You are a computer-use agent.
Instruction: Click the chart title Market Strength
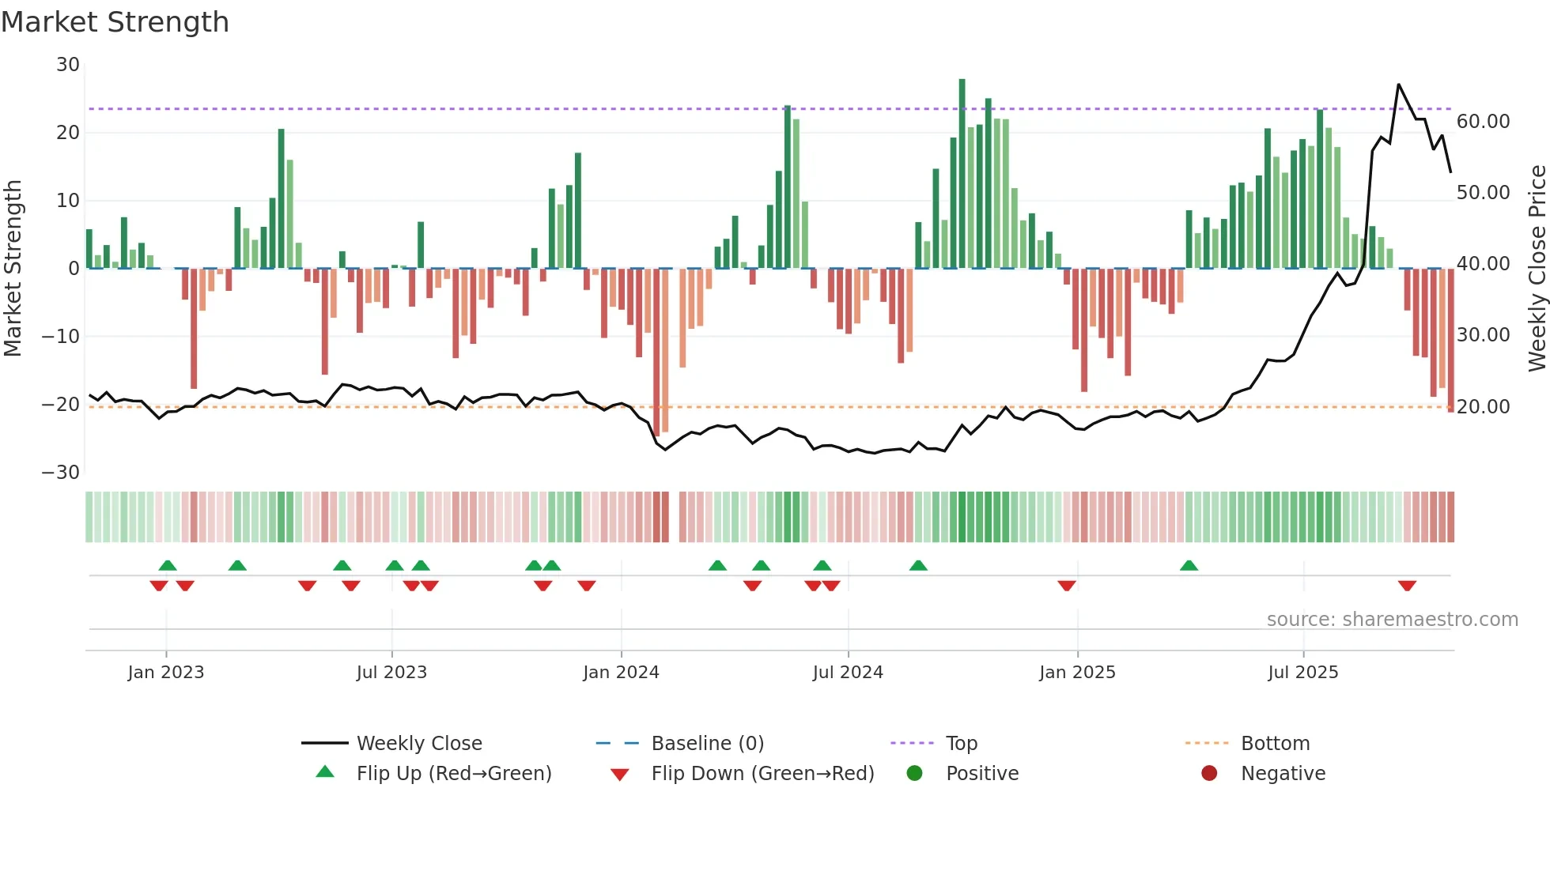coord(115,22)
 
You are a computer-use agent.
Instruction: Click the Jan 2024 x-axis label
coord(621,673)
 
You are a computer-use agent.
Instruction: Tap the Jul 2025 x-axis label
coord(1302,673)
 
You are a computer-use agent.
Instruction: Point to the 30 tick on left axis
coord(68,65)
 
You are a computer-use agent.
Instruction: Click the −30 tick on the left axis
coord(61,473)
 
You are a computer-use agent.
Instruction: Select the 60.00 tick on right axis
coord(1483,122)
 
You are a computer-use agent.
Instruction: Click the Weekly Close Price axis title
coord(1537,269)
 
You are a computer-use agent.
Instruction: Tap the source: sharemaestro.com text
coord(1392,620)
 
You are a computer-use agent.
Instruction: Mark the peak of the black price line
coord(1398,85)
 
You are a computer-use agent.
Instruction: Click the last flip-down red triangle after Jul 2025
coord(1407,586)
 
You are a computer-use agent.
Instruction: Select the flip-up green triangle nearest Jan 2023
coord(168,565)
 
